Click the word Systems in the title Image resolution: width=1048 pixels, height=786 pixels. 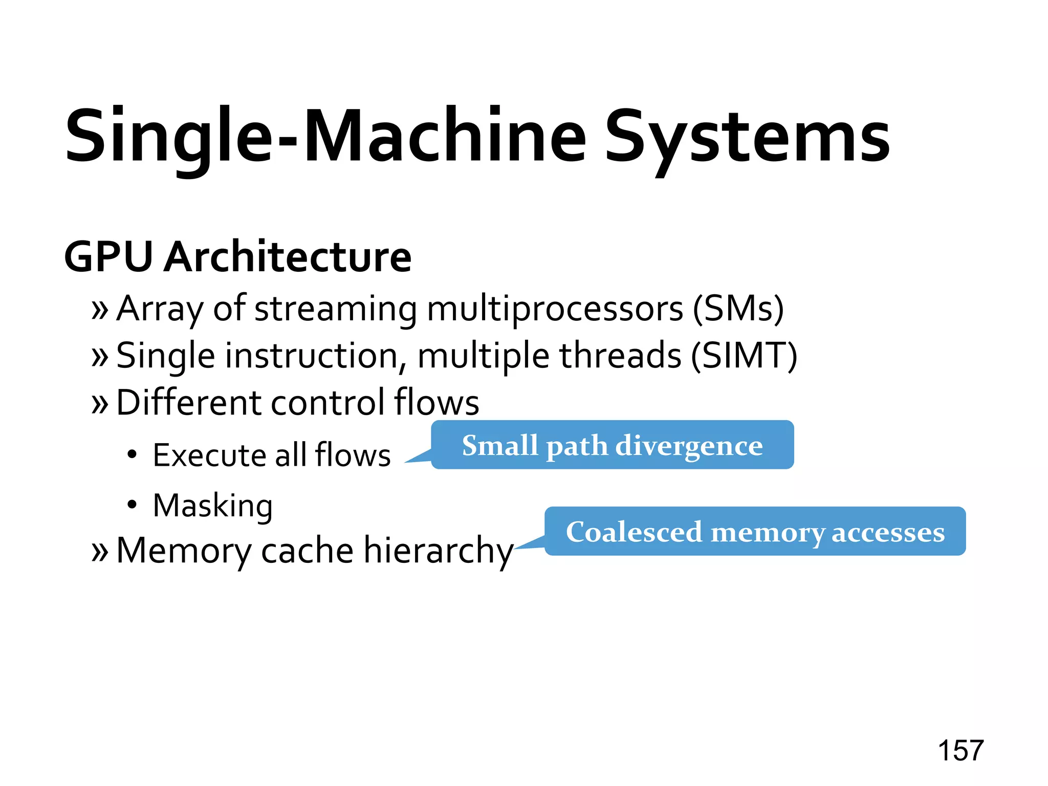[747, 137]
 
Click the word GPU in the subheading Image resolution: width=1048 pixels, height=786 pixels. [108, 257]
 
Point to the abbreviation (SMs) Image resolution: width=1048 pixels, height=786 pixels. [738, 309]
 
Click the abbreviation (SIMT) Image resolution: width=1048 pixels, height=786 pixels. [744, 356]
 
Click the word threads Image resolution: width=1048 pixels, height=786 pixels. [620, 356]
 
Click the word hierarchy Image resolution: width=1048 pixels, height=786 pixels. [439, 552]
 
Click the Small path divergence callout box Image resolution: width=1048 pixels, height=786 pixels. [612, 445]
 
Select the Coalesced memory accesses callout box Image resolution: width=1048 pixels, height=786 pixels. [755, 532]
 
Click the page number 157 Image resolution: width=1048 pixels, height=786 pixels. [960, 751]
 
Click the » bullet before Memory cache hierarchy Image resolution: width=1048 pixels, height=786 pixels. [100, 552]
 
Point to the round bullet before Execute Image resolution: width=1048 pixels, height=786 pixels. [133, 454]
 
